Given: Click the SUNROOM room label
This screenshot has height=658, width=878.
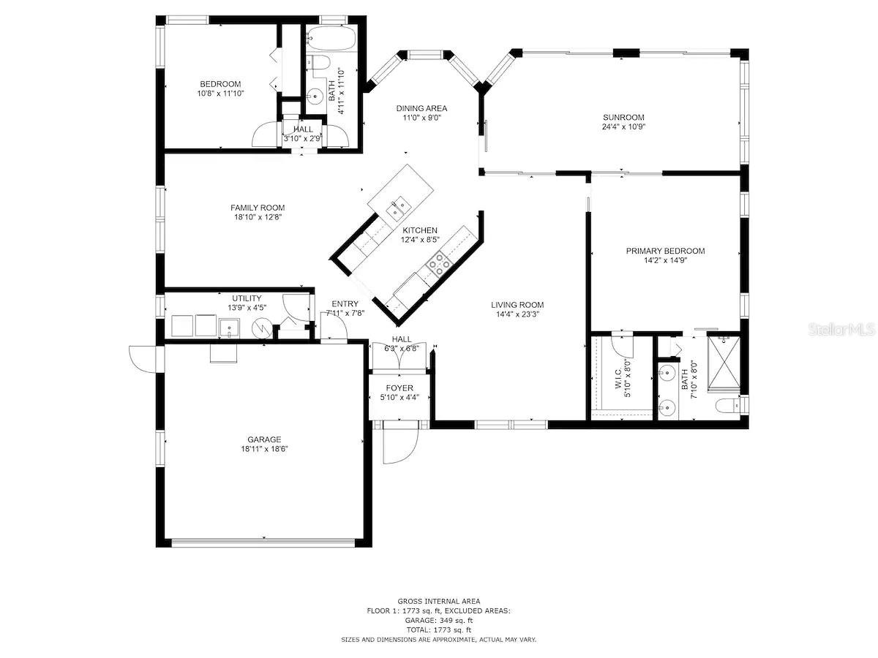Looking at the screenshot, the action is coord(623,118).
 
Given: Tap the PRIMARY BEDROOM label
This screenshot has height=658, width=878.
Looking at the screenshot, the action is coord(665,251).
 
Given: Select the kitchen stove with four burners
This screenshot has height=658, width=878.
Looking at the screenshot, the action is coord(439,264).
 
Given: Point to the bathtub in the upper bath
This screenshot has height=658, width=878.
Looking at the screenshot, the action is coord(331,38).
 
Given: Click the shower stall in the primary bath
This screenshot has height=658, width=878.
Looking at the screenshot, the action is coord(724,364).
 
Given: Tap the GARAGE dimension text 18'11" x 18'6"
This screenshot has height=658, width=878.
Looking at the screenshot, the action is coord(264,449).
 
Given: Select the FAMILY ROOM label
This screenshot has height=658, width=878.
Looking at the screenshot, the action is coord(258,208).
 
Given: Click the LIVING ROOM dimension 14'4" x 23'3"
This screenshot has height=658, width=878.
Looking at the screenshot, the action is coord(517,314).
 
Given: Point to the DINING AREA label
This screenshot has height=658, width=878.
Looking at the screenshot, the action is coord(421,108).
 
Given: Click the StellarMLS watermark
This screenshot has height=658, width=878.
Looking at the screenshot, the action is coord(841,330).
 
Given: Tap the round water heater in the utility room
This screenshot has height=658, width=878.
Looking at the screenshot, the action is coord(262,328).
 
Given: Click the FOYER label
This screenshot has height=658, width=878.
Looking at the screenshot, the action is coord(399,388).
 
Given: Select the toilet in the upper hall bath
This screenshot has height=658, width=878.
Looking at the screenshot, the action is coord(318,63).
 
